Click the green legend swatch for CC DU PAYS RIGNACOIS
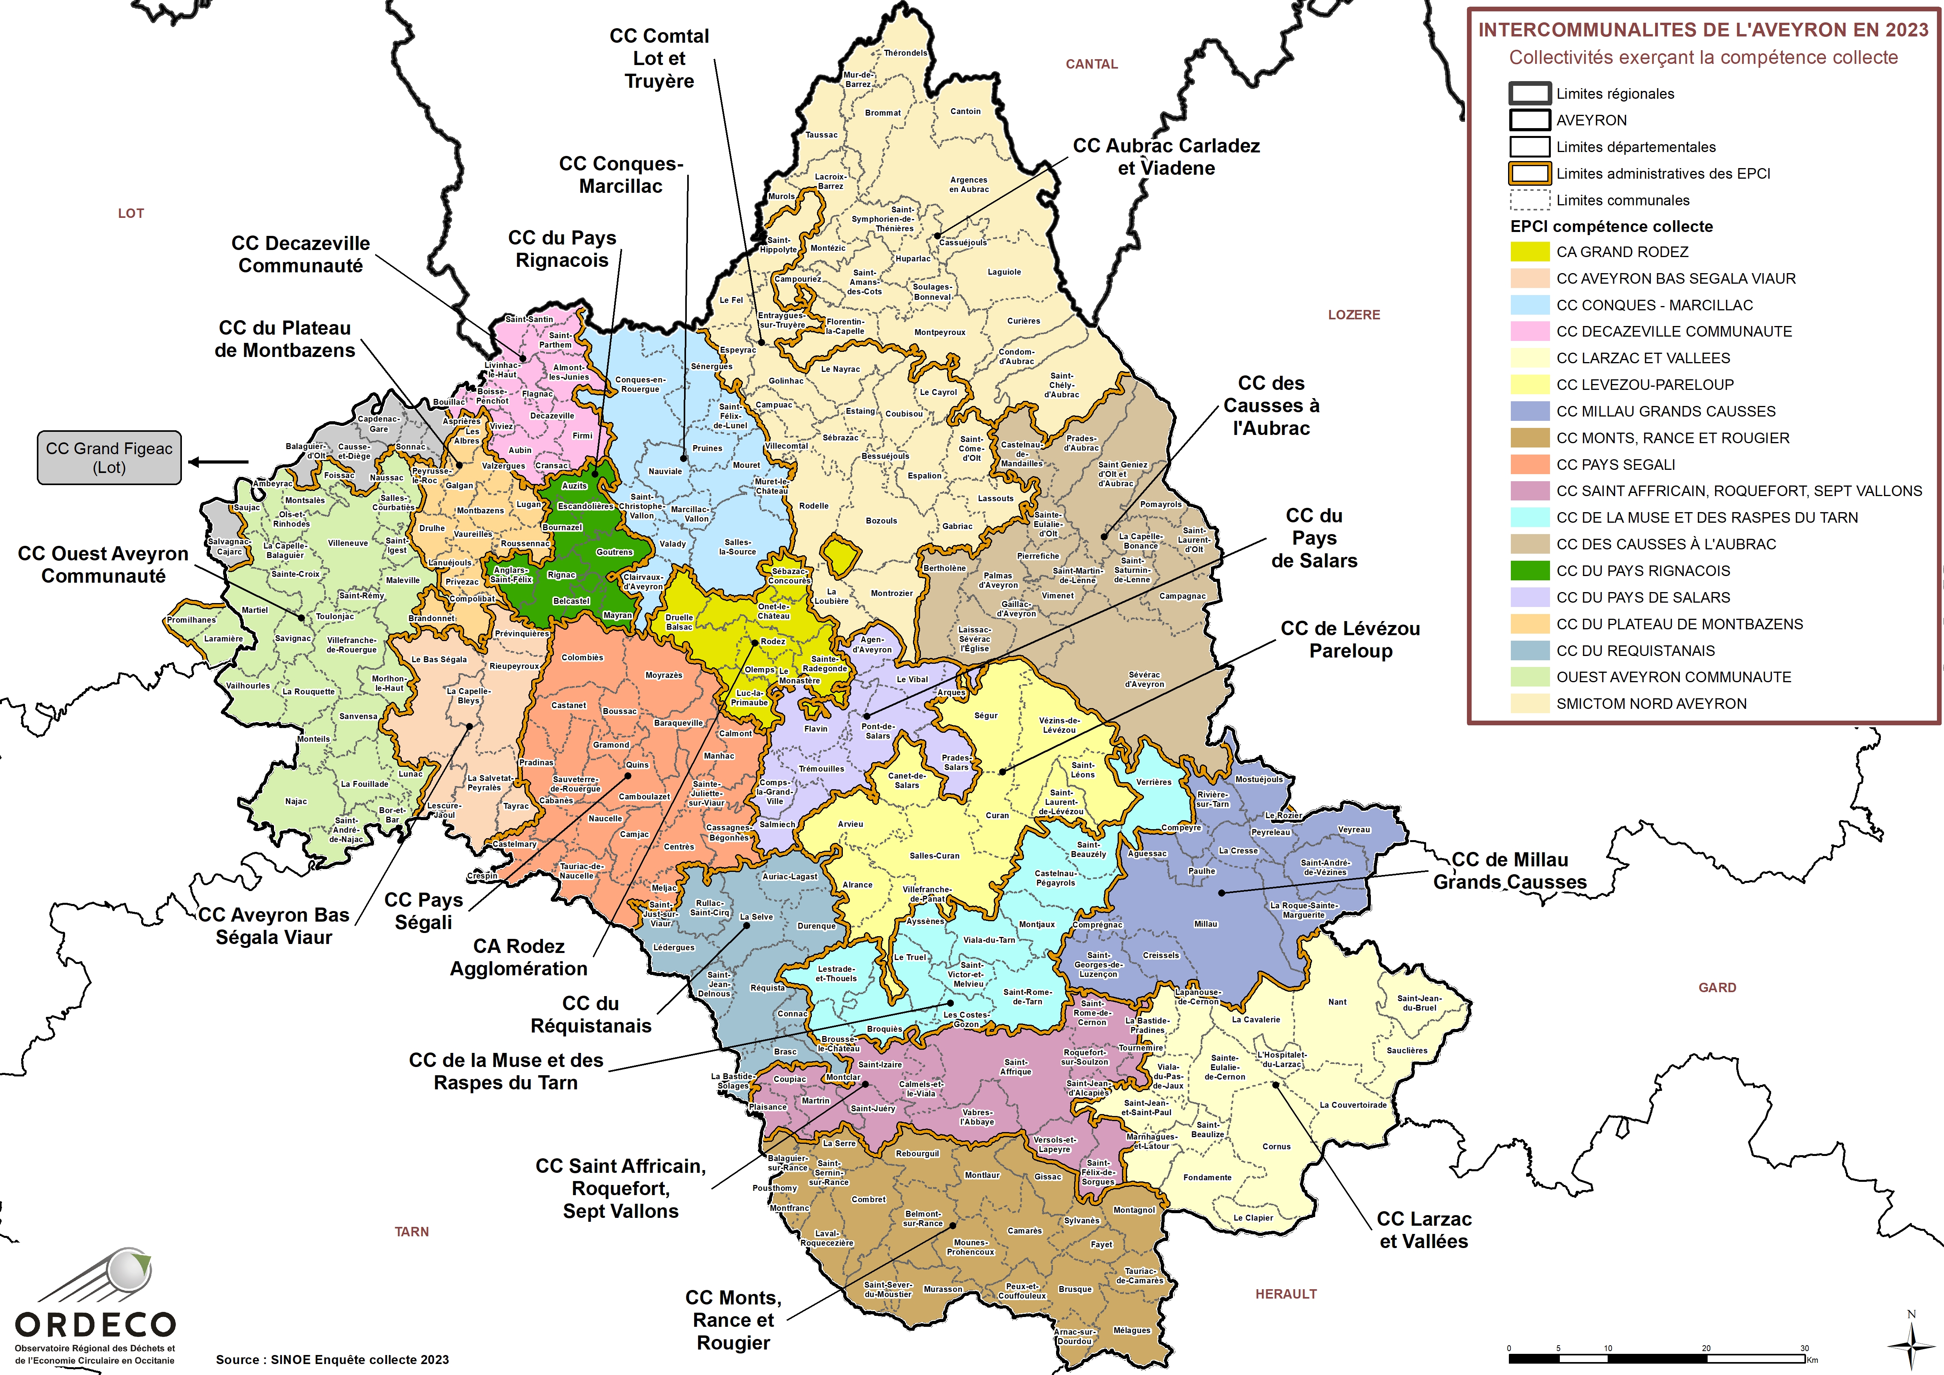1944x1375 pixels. [1530, 571]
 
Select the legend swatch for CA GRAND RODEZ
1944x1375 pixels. [1530, 252]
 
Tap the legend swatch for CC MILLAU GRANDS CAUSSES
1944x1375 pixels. [1530, 411]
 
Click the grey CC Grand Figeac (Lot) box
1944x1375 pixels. [109, 458]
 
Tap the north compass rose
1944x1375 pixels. [1910, 1346]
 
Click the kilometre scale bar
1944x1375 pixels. [1660, 1358]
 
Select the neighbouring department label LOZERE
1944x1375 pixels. [1354, 315]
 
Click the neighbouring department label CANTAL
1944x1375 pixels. [1091, 64]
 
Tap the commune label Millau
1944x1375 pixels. [1205, 924]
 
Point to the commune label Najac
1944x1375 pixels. [296, 801]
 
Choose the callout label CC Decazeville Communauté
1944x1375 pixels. [301, 254]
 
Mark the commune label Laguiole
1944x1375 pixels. [1004, 273]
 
